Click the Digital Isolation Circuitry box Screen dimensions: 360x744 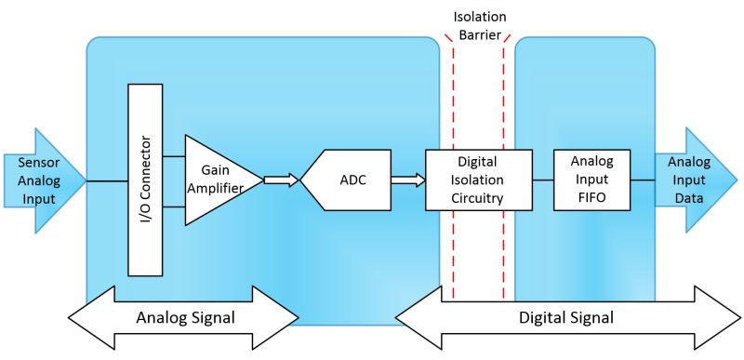coord(478,180)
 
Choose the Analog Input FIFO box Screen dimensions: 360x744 coord(591,179)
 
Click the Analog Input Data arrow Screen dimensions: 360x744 coord(693,180)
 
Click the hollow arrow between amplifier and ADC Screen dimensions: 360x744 coord(282,180)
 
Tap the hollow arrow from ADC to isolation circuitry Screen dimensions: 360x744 coord(407,180)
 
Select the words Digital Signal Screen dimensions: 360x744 coord(566,317)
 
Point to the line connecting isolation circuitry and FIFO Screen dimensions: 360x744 coord(542,180)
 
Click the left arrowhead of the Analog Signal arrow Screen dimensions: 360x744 coord(88,317)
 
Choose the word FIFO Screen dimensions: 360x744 coord(591,197)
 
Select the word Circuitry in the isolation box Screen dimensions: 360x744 coord(478,197)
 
